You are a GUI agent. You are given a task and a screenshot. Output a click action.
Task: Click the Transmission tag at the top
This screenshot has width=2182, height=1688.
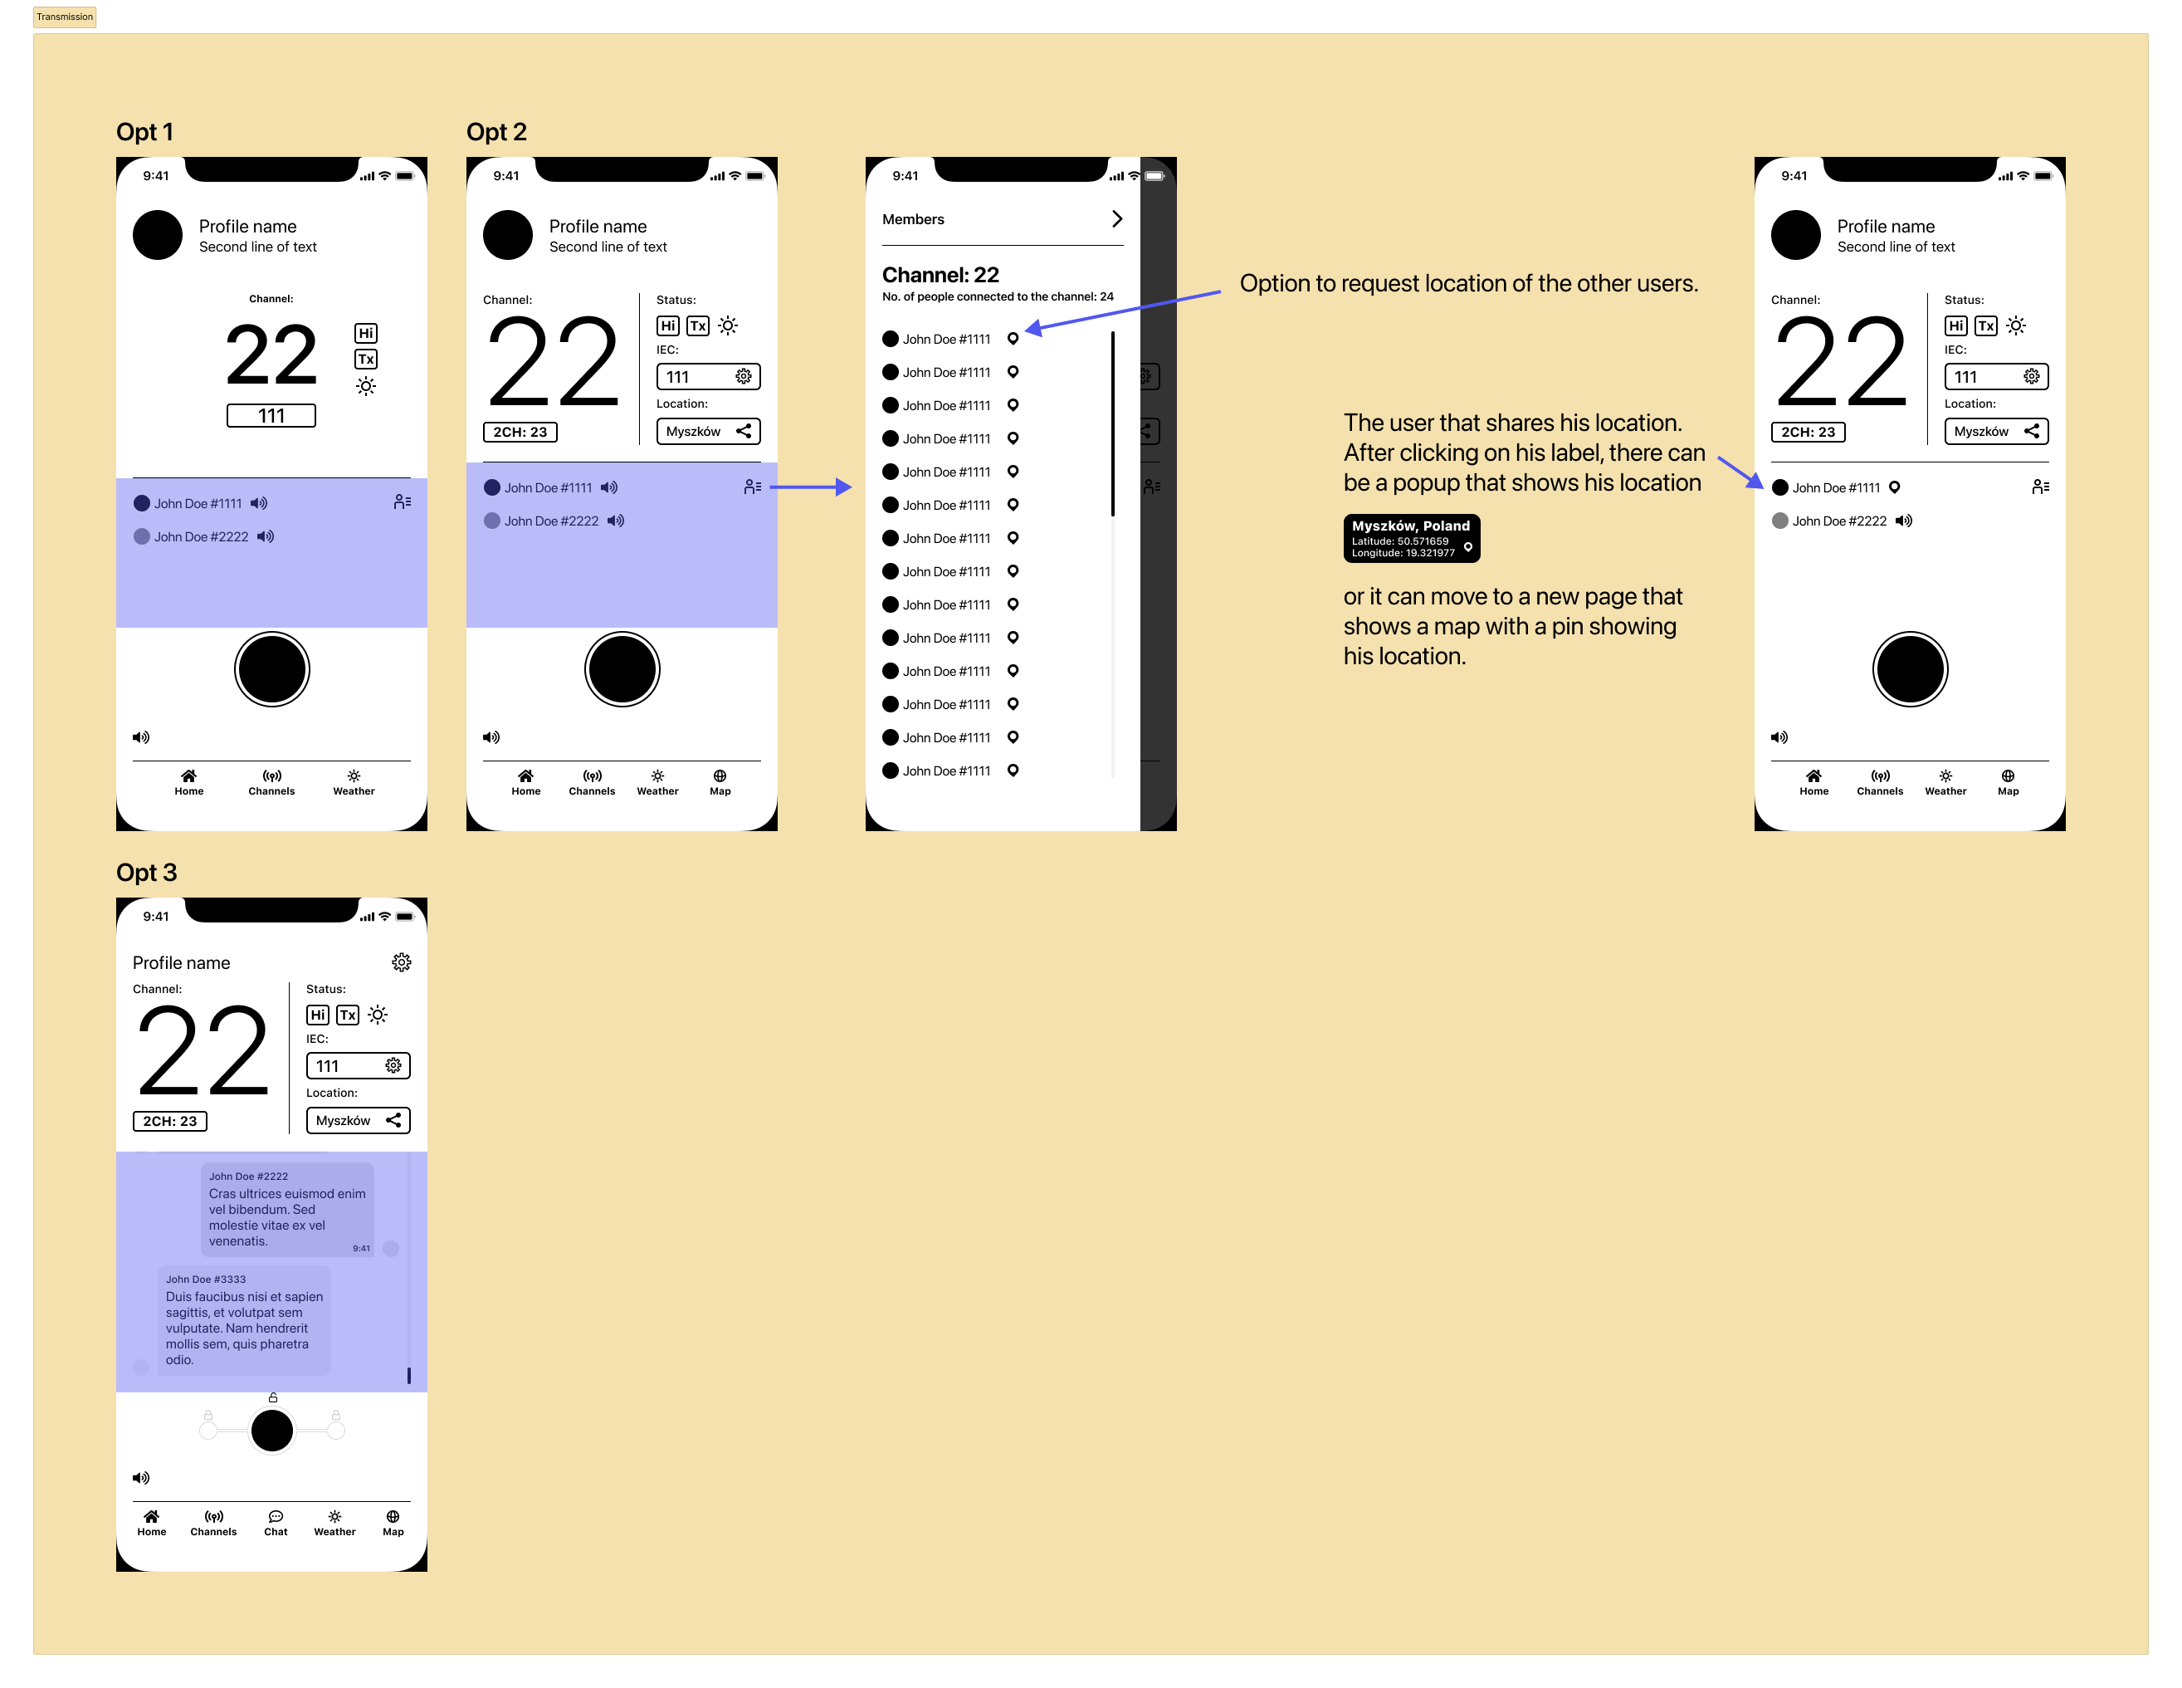point(65,17)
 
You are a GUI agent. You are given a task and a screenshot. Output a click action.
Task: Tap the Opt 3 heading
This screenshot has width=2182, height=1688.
point(146,873)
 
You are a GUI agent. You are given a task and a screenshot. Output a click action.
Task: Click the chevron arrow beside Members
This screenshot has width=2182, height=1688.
point(1117,219)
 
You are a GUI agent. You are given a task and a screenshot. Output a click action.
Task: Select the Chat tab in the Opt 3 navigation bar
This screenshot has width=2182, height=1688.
point(276,1523)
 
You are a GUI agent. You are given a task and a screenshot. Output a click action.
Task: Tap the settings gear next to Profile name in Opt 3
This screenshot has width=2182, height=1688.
point(402,961)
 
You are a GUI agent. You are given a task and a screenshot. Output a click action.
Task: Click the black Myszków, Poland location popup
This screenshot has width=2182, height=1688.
point(1411,539)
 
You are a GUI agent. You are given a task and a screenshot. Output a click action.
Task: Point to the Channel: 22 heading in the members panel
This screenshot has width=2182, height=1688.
point(940,275)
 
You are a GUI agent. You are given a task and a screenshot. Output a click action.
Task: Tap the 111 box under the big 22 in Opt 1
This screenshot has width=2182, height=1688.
point(271,416)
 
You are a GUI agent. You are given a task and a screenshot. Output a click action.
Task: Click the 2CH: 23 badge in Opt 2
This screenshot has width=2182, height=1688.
point(520,432)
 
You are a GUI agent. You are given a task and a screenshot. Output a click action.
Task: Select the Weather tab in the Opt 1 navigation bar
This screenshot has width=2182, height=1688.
point(354,782)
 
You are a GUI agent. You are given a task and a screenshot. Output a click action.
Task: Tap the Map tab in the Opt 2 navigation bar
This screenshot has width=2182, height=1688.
point(720,782)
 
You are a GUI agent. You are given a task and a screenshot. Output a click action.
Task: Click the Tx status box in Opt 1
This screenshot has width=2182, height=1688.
point(366,360)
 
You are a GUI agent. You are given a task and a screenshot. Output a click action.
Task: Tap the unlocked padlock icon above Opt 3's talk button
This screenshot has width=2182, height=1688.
point(273,1397)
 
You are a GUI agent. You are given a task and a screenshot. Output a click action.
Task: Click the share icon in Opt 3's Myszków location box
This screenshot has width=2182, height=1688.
point(393,1120)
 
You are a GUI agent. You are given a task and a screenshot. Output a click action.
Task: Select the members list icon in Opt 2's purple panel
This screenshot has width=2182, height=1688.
point(752,487)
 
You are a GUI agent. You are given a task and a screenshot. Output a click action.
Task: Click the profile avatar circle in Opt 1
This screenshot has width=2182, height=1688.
point(158,235)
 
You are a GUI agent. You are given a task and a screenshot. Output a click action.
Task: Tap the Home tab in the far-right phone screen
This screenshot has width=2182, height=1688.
point(1813,782)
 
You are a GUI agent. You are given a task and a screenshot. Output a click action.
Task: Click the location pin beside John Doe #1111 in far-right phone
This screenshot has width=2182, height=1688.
point(1894,487)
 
